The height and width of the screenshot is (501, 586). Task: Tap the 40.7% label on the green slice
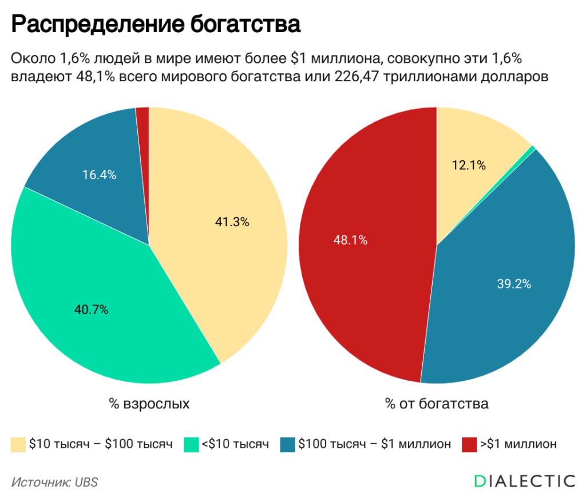coord(92,310)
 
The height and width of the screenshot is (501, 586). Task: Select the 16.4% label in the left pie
coord(100,175)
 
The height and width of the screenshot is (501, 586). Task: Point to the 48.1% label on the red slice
coord(350,240)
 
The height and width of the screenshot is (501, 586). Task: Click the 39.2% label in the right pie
coord(514,283)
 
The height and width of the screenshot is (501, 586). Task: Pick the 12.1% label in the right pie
coord(469,165)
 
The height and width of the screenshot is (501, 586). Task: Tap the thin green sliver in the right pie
coord(532,149)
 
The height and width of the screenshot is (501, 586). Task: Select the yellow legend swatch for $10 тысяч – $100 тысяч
coord(18,444)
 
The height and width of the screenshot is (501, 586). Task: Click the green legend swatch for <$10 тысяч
coord(191,444)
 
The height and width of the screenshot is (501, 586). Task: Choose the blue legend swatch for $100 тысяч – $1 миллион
coord(287,444)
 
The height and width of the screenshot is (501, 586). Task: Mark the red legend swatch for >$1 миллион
coord(469,444)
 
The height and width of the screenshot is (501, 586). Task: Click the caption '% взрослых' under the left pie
coord(149,404)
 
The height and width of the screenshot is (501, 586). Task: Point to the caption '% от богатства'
coord(437,404)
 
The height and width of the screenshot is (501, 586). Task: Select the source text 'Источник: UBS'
coord(54,482)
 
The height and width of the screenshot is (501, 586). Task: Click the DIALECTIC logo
coord(524,481)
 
